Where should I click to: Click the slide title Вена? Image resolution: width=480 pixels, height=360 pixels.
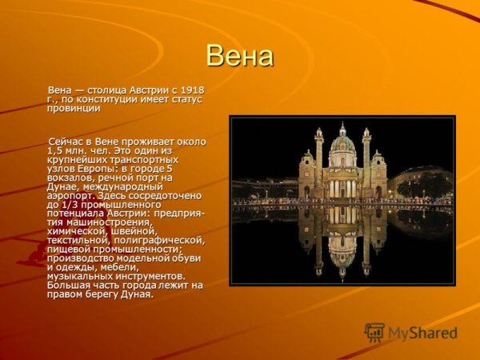point(239,56)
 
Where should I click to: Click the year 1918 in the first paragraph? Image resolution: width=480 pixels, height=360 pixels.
point(193,89)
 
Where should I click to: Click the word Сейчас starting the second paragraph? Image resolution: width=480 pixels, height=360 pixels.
point(66,142)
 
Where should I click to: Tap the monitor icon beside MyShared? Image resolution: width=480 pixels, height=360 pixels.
point(374,332)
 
